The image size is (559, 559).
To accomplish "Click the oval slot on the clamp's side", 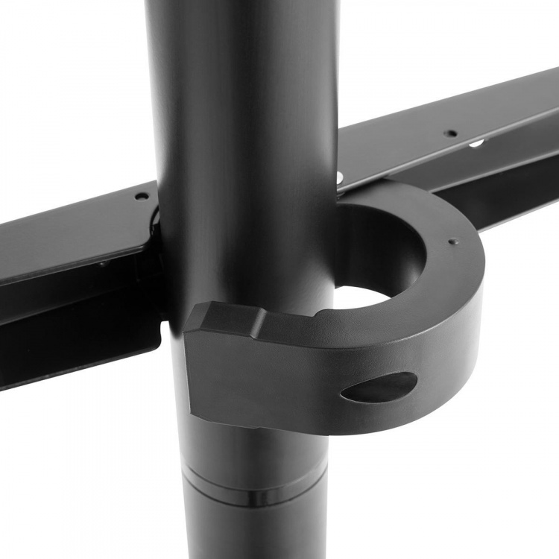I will [x=379, y=388].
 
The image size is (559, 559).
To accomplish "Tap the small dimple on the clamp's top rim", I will [x=452, y=241].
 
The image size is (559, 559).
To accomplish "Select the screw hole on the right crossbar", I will [x=450, y=133].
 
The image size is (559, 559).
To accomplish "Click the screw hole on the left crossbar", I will [x=139, y=197].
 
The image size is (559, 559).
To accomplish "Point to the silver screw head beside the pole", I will [x=340, y=177].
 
